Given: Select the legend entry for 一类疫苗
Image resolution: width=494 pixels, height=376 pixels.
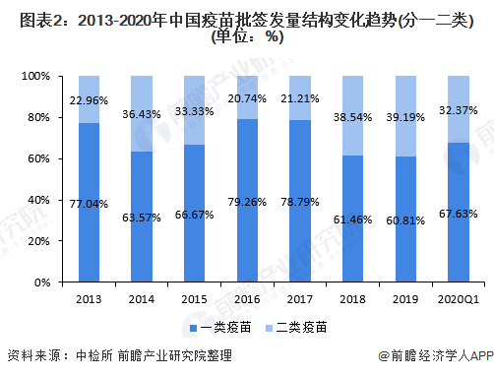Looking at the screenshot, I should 216,326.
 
